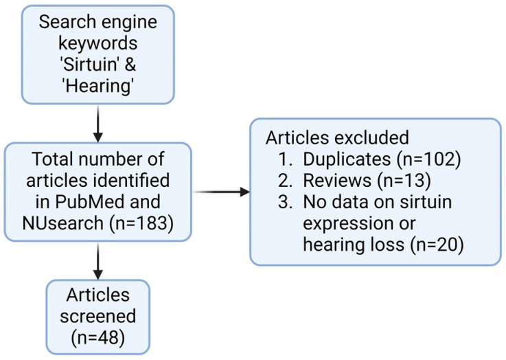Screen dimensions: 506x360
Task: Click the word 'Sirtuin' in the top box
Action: (x=89, y=65)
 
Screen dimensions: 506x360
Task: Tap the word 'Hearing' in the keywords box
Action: (x=97, y=86)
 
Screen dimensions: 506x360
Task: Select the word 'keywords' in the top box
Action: (x=97, y=43)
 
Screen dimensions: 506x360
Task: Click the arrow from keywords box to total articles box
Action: (x=97, y=124)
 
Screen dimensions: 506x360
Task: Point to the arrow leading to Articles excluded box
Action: (x=221, y=192)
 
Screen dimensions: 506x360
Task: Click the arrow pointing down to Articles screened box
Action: (x=97, y=261)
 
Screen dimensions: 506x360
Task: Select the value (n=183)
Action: (x=141, y=223)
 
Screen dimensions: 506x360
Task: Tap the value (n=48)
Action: (x=97, y=338)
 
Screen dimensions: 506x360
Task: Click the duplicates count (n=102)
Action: (x=429, y=159)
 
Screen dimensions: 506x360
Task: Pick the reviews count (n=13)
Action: (x=401, y=181)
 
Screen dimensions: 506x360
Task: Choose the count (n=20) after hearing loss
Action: (x=437, y=245)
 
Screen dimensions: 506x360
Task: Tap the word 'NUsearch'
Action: (x=63, y=223)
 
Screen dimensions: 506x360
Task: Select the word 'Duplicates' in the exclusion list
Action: (x=347, y=159)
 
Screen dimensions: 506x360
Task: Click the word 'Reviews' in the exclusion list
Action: (x=337, y=181)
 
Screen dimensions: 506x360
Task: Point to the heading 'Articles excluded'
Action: (x=337, y=137)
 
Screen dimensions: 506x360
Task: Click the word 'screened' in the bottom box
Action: (x=97, y=317)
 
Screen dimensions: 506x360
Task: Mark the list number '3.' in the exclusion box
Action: (x=286, y=202)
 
